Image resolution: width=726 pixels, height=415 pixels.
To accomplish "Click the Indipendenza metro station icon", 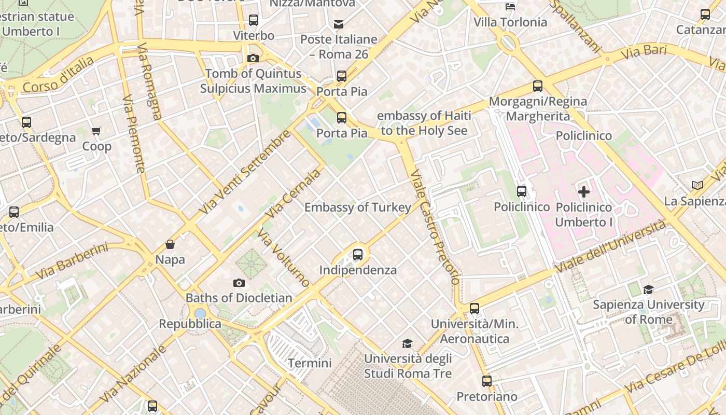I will [x=358, y=255].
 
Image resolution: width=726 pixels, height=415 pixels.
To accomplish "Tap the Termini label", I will [x=310, y=363].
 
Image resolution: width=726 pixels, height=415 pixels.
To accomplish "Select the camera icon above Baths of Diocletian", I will [x=239, y=283].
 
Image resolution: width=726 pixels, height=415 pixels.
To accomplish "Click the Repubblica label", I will [x=190, y=324].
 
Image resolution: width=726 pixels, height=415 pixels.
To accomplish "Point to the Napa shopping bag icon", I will [x=170, y=244].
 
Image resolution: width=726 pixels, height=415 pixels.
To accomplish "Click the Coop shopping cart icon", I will [x=96, y=131].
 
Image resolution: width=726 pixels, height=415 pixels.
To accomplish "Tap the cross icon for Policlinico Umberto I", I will [x=584, y=192].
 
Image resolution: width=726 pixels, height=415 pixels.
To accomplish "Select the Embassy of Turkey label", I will [x=358, y=208].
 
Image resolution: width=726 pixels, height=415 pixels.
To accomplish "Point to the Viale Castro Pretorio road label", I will [x=435, y=226].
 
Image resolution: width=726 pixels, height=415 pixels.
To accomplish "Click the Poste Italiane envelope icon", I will [x=339, y=24].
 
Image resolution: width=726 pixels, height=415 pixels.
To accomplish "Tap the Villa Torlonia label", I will [x=510, y=22].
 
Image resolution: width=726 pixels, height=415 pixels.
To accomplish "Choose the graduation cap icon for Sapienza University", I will [x=648, y=289].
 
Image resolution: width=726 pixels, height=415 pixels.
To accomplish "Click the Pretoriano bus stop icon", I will [x=487, y=381].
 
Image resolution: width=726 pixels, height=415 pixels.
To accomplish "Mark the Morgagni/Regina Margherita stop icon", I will [x=538, y=86].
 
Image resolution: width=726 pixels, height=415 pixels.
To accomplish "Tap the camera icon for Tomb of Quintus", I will [x=253, y=58].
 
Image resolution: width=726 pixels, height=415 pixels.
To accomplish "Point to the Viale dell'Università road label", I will [x=610, y=246].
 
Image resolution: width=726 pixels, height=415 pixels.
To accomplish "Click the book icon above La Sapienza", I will [x=697, y=185].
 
